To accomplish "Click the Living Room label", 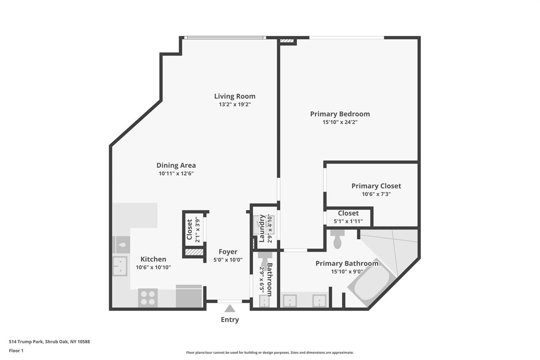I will pyautogui.click(x=235, y=96).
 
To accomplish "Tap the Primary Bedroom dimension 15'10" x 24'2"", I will pyautogui.click(x=340, y=122).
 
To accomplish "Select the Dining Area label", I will pyautogui.click(x=176, y=165).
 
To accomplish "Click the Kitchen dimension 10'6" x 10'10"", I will pyautogui.click(x=153, y=267).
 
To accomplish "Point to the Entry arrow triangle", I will pyautogui.click(x=230, y=309).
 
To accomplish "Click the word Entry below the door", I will pyautogui.click(x=230, y=320).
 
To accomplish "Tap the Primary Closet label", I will pyautogui.click(x=376, y=186).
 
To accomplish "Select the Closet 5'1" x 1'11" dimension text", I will pyautogui.click(x=348, y=221).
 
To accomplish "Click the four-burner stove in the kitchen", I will pyautogui.click(x=148, y=297).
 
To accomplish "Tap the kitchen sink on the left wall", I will pyautogui.click(x=120, y=266).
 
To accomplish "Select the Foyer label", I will pyautogui.click(x=228, y=252).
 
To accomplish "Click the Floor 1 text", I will pyautogui.click(x=16, y=351).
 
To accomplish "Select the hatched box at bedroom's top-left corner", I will pyautogui.click(x=287, y=42).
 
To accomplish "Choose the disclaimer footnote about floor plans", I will pyautogui.click(x=270, y=352).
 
